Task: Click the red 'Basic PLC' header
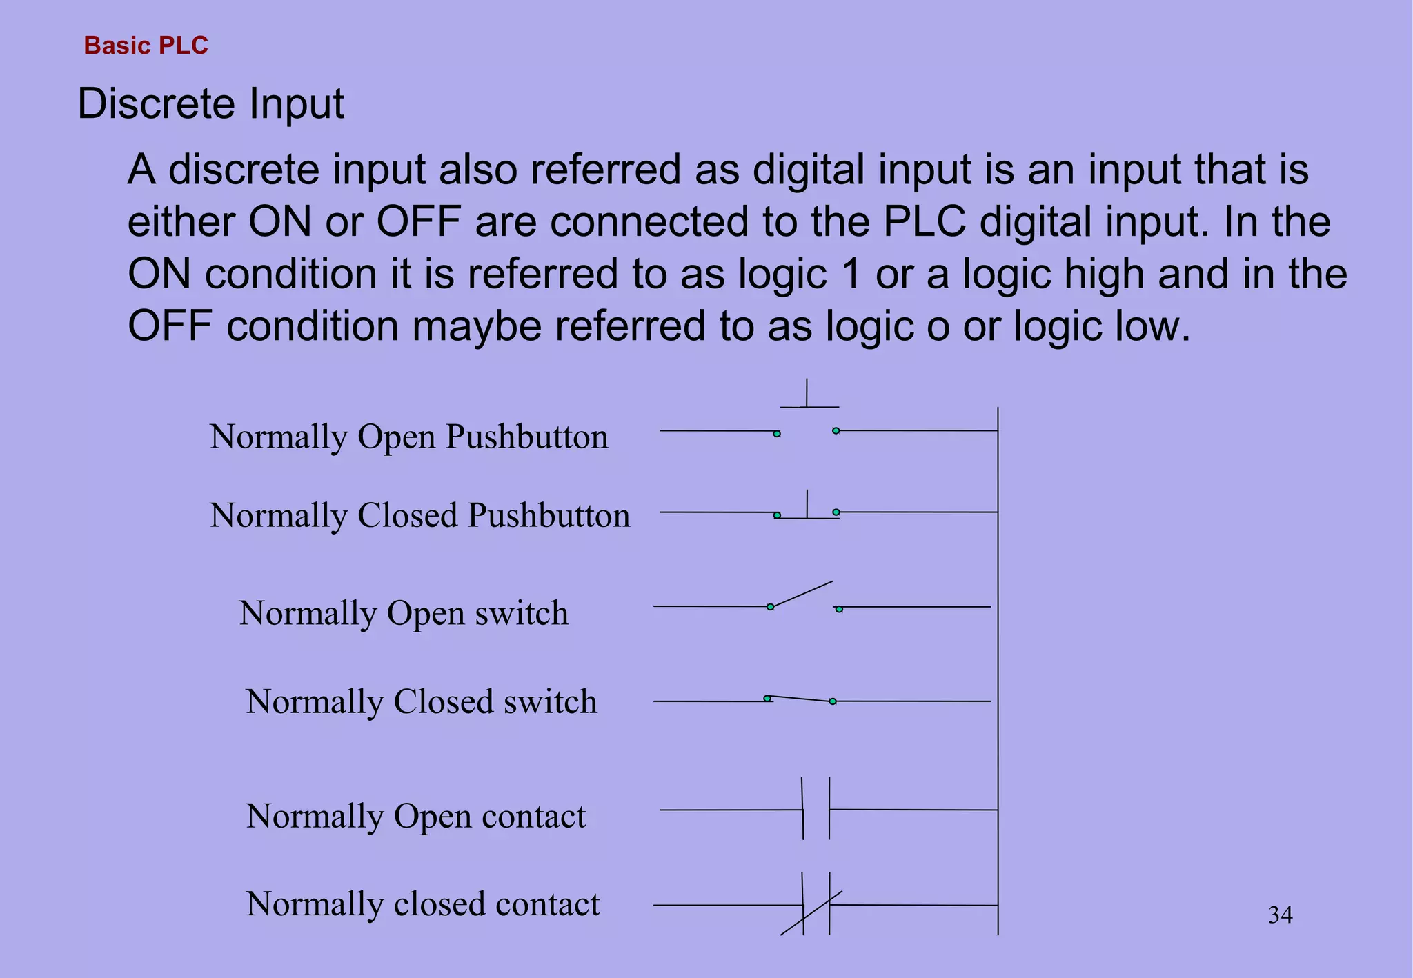pyautogui.click(x=146, y=46)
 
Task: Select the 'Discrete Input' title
pyautogui.click(x=210, y=104)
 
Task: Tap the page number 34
pyautogui.click(x=1280, y=915)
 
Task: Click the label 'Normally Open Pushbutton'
pyautogui.click(x=408, y=437)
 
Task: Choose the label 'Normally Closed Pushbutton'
pyautogui.click(x=419, y=515)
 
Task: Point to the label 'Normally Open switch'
pyautogui.click(x=404, y=613)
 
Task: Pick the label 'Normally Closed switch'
pyautogui.click(x=421, y=701)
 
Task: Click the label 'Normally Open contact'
pyautogui.click(x=415, y=816)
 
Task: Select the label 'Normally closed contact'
pyautogui.click(x=422, y=904)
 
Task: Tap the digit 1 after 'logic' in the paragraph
pyautogui.click(x=851, y=274)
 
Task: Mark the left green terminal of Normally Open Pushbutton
pyautogui.click(x=777, y=434)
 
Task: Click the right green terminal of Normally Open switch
pyautogui.click(x=839, y=609)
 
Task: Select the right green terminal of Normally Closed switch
pyautogui.click(x=833, y=701)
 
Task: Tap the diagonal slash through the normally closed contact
pyautogui.click(x=811, y=913)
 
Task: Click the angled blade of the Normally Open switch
pyautogui.click(x=802, y=595)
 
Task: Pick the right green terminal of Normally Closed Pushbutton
pyautogui.click(x=836, y=512)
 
